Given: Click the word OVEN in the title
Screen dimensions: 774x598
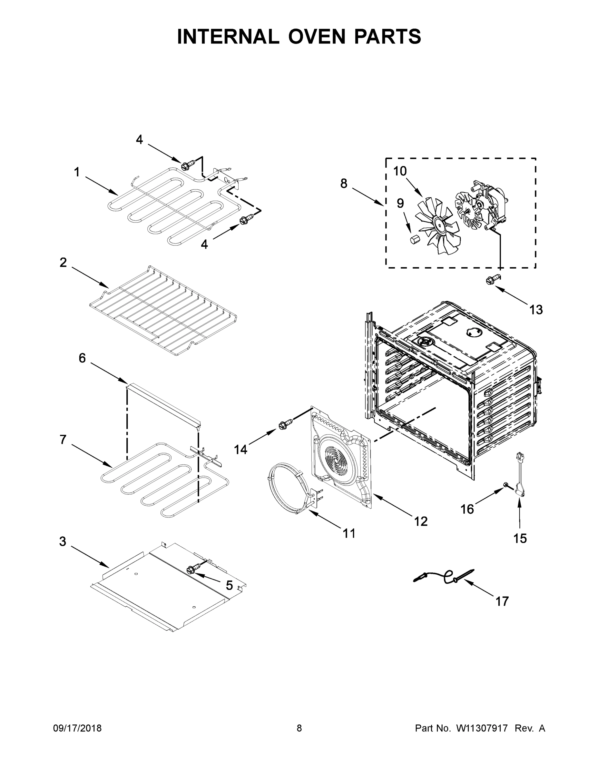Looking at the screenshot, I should pyautogui.click(x=316, y=36).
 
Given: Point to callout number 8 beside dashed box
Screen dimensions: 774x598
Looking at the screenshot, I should pyautogui.click(x=344, y=184).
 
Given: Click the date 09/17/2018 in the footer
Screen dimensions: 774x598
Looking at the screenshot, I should pyautogui.click(x=77, y=728).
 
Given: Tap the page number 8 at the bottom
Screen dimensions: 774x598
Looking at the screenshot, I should pyautogui.click(x=299, y=728).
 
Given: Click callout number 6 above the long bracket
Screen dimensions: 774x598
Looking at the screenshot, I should pyautogui.click(x=82, y=358).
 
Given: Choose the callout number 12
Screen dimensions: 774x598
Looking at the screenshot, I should pyautogui.click(x=421, y=521).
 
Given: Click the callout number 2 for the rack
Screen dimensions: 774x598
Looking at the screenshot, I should pyautogui.click(x=63, y=263).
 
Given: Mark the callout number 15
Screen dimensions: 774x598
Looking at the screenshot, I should pyautogui.click(x=520, y=538).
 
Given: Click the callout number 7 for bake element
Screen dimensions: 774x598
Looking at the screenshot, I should pyautogui.click(x=63, y=440).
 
